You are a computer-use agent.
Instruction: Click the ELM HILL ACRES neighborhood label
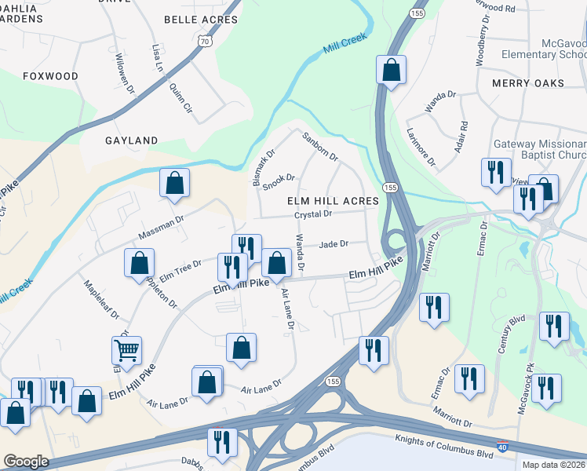(333, 201)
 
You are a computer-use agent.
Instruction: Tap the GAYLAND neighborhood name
(132, 141)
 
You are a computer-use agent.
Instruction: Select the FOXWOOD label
(51, 76)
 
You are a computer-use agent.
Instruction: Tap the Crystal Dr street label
(314, 214)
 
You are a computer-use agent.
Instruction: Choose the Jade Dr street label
(334, 244)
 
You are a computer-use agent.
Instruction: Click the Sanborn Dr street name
(320, 146)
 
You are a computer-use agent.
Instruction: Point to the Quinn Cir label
(180, 97)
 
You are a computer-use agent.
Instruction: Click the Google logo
(26, 462)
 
